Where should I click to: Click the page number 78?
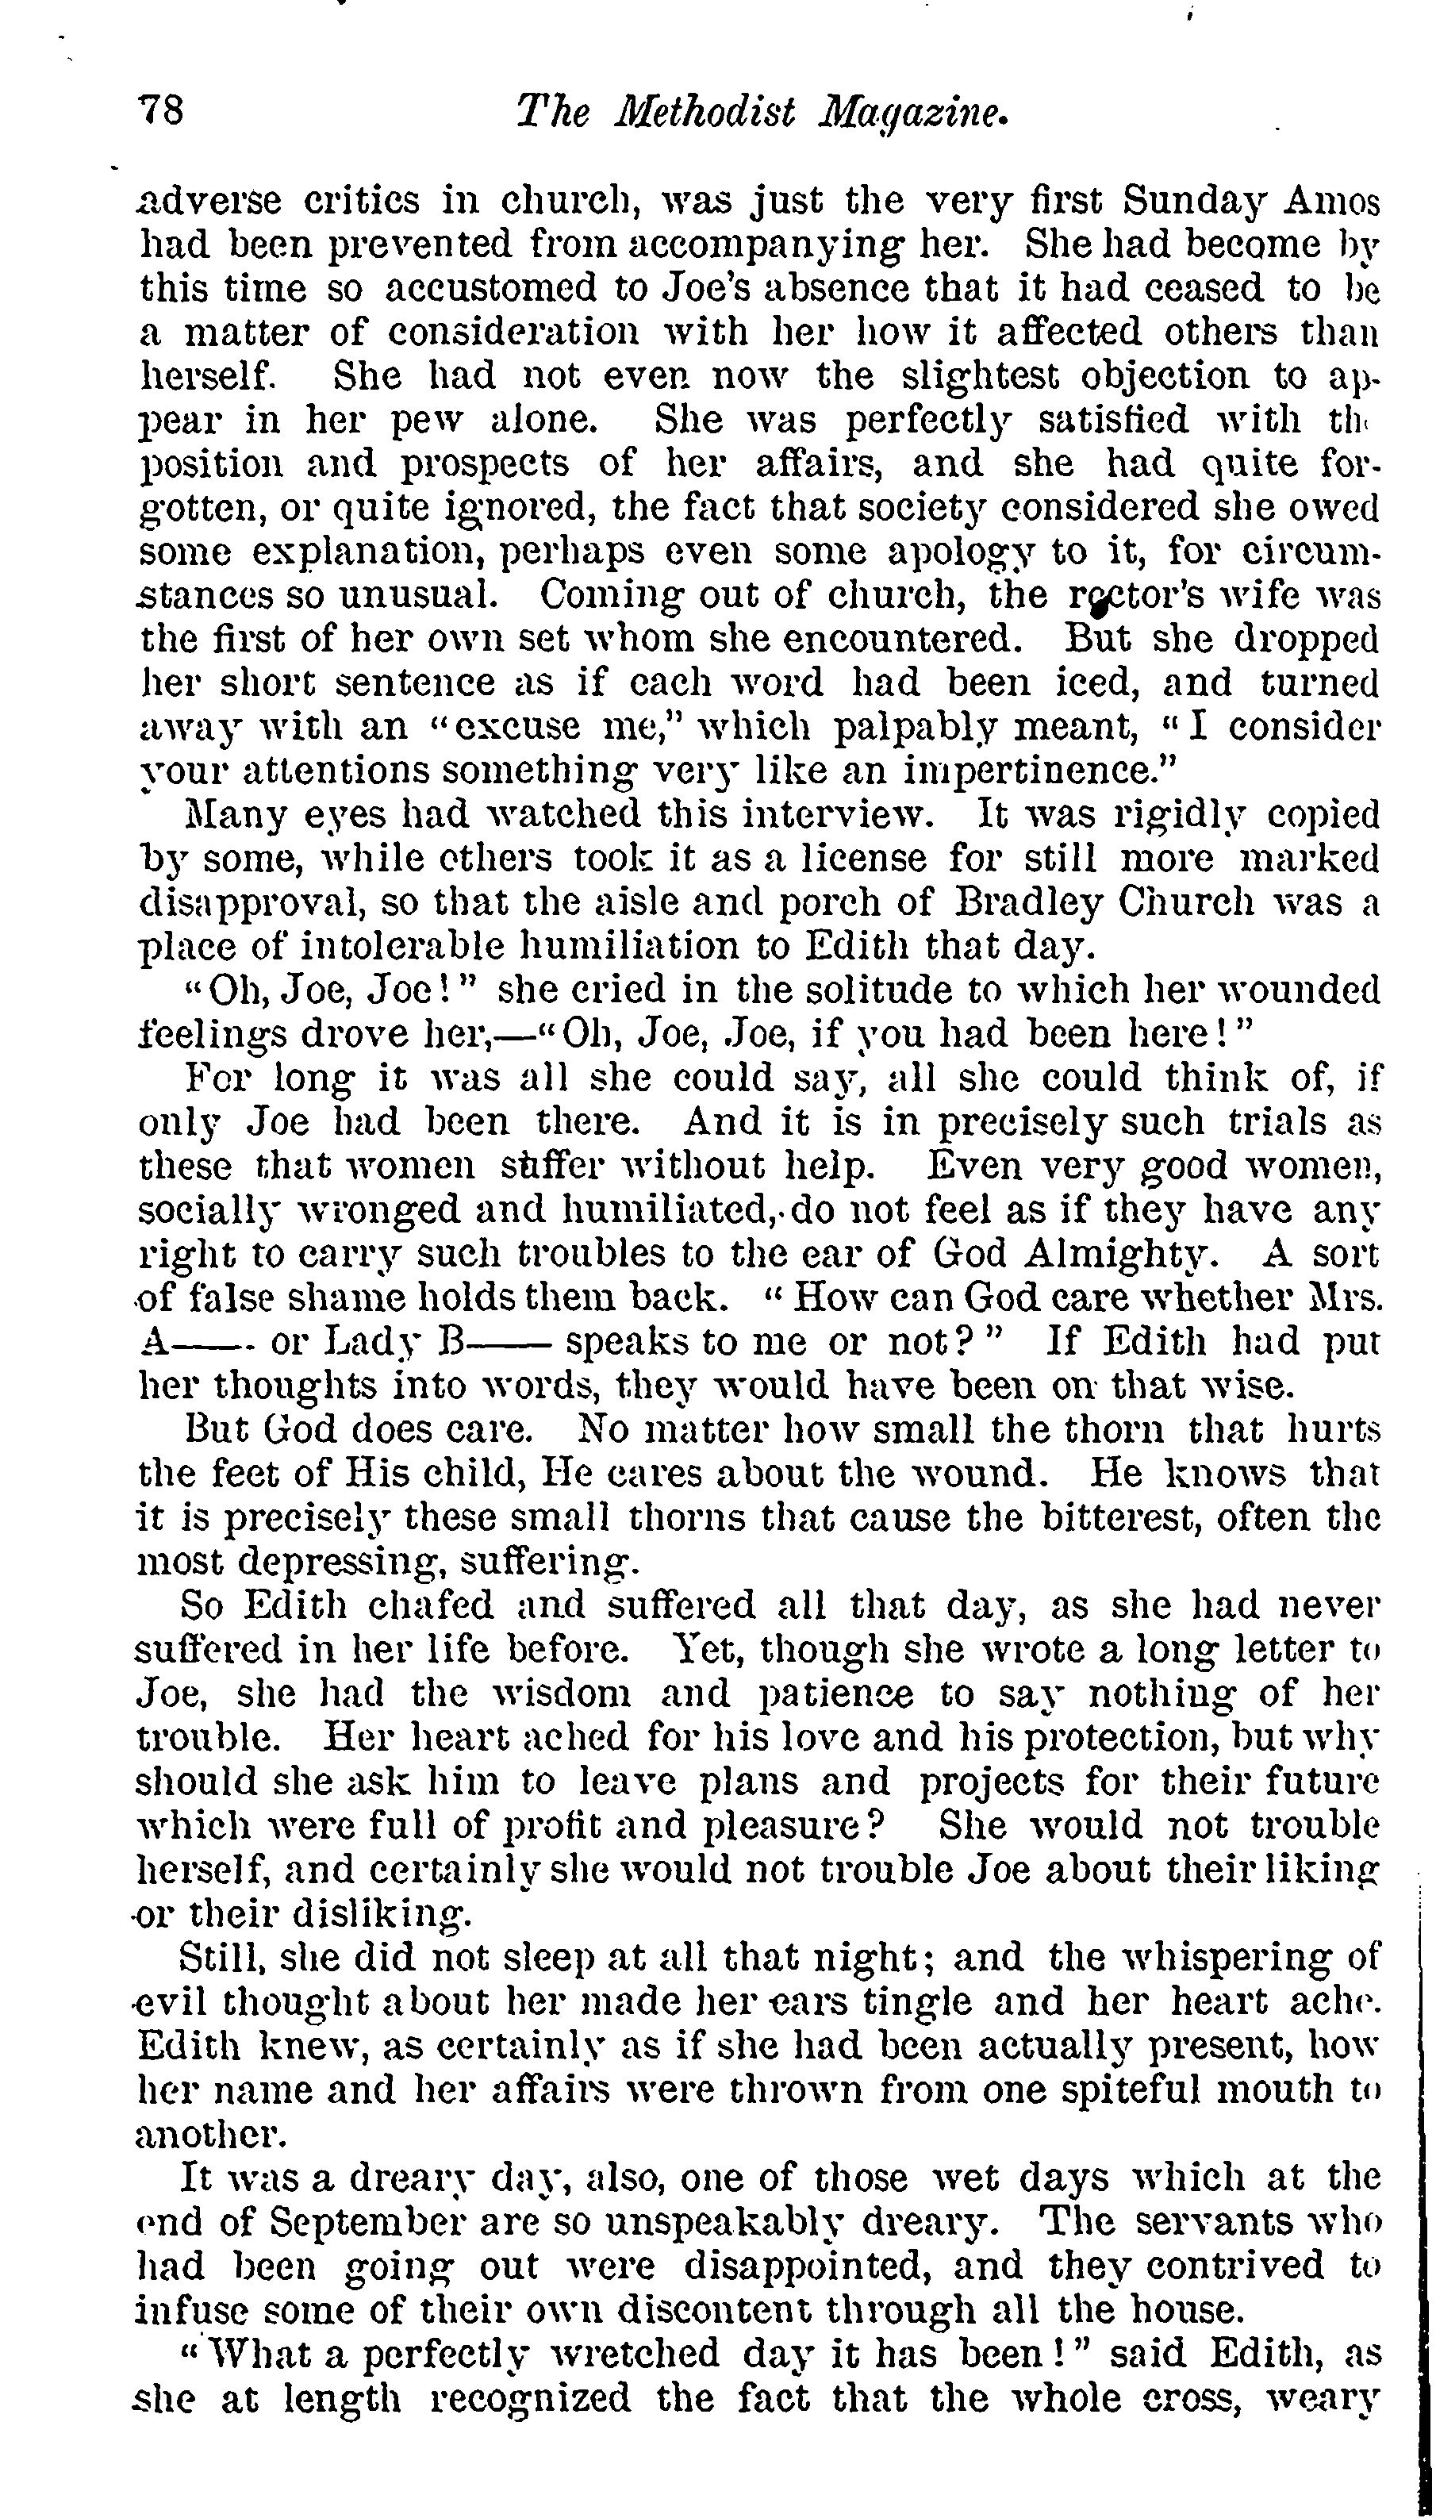(x=162, y=110)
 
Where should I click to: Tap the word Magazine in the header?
(x=913, y=113)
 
